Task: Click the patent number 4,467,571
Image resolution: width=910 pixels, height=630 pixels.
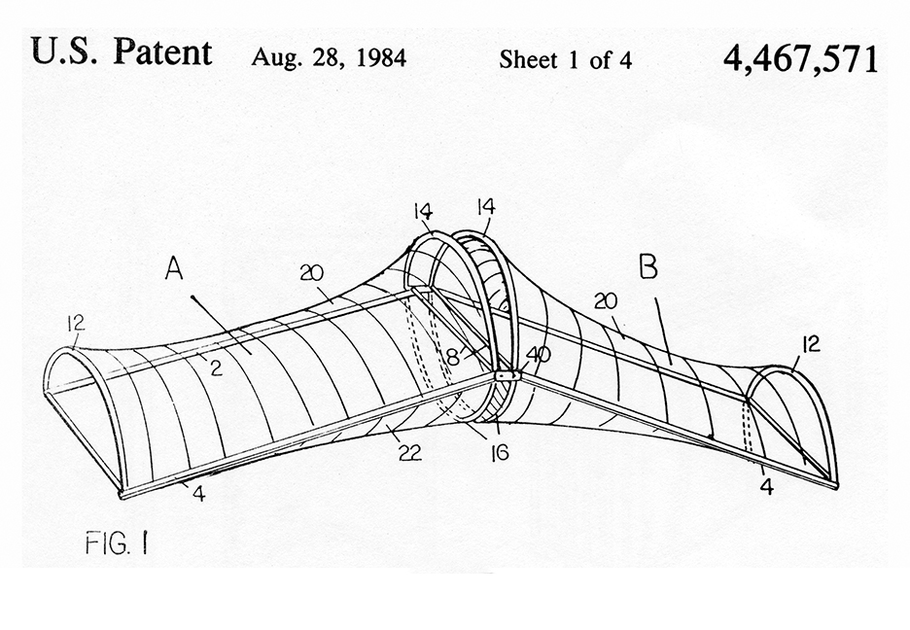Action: click(x=800, y=58)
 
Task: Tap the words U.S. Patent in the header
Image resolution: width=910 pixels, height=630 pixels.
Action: click(x=122, y=52)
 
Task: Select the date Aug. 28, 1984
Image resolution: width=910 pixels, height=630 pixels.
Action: click(x=329, y=57)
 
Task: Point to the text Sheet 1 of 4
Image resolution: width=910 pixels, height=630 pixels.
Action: click(x=565, y=59)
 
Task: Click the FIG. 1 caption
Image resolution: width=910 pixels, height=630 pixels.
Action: click(x=116, y=543)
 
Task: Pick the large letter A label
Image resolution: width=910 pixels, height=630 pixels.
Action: click(x=173, y=268)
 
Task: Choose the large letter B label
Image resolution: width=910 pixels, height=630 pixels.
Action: click(x=648, y=267)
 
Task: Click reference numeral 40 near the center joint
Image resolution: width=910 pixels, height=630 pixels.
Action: click(x=538, y=355)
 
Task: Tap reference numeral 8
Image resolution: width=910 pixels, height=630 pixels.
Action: click(x=453, y=358)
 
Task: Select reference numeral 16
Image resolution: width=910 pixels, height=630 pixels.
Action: click(x=499, y=452)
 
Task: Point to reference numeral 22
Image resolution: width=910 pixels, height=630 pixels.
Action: click(x=409, y=452)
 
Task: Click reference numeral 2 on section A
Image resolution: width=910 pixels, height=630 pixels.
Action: click(x=216, y=367)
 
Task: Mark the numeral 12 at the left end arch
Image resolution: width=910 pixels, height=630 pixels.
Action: click(x=76, y=323)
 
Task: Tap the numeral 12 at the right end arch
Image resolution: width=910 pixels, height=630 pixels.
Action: click(x=811, y=344)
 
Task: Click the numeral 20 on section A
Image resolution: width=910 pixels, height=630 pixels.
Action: click(x=312, y=272)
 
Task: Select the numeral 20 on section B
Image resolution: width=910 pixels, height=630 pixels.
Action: click(x=606, y=301)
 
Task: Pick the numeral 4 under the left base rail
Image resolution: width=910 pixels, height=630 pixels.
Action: click(x=199, y=494)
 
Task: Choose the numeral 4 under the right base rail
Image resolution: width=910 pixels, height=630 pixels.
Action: click(x=767, y=487)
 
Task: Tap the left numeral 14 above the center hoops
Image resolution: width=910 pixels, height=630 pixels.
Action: click(x=423, y=211)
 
